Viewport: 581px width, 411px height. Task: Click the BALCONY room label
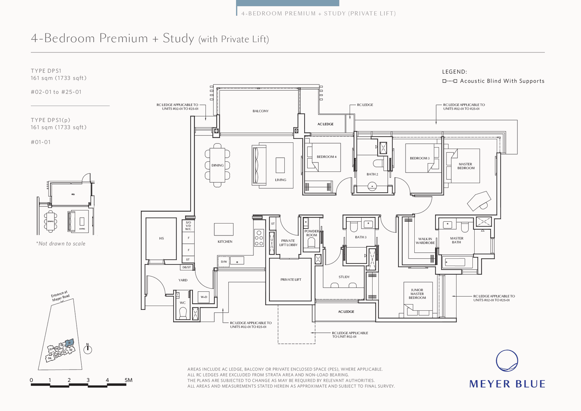click(x=260, y=111)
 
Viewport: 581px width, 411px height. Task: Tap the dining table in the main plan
click(x=217, y=165)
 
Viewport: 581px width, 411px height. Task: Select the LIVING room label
click(x=280, y=180)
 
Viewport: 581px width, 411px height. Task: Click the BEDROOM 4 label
click(x=326, y=157)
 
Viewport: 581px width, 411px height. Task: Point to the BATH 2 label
click(x=372, y=174)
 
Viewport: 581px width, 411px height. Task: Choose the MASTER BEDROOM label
click(x=466, y=166)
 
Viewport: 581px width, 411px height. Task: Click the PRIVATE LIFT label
click(x=290, y=279)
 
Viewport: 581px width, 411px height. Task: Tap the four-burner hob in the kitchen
click(x=259, y=238)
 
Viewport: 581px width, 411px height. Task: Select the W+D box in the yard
click(x=204, y=297)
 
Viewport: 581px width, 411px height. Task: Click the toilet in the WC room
click(x=183, y=313)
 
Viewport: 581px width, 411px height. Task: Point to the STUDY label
click(x=344, y=277)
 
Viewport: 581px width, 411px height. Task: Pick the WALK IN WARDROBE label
click(x=425, y=241)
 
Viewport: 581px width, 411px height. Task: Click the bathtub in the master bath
click(x=457, y=262)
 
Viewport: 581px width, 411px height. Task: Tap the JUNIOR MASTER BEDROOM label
click(x=417, y=294)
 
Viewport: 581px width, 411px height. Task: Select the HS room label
click(x=161, y=238)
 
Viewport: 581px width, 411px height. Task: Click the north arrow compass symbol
click(x=88, y=350)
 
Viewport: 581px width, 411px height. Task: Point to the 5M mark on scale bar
click(x=128, y=380)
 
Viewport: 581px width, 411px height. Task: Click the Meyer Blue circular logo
click(x=507, y=361)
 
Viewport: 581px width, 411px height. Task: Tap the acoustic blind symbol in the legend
click(x=450, y=81)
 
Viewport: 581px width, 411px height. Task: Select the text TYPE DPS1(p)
click(x=50, y=120)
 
